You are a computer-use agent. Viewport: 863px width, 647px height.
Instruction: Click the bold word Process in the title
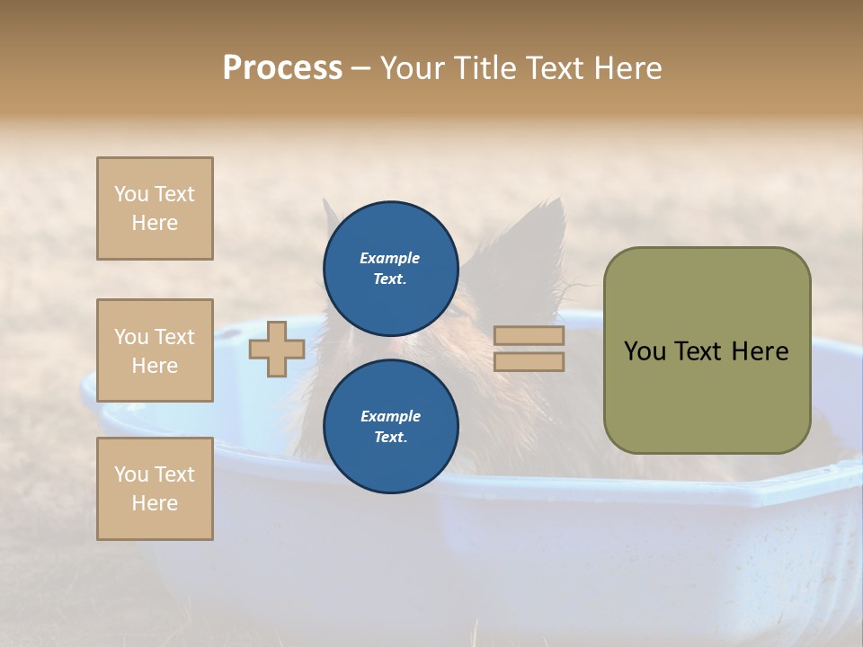pos(282,68)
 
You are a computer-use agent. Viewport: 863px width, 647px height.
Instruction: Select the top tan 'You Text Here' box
pos(155,208)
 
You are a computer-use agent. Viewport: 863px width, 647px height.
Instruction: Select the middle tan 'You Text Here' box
pos(155,350)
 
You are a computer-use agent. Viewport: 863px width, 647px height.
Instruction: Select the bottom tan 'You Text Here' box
pos(155,489)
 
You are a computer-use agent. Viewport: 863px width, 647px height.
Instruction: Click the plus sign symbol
pos(277,349)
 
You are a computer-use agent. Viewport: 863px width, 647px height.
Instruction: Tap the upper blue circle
pos(390,269)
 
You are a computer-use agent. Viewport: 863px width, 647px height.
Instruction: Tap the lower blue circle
pos(390,426)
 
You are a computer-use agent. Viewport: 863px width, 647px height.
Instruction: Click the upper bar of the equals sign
pos(529,336)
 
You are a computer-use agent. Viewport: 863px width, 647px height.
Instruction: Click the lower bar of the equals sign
pos(529,362)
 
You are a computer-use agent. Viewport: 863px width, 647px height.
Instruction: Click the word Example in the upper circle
pos(390,258)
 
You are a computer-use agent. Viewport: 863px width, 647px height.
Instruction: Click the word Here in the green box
pos(760,351)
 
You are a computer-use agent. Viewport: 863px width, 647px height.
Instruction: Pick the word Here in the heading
pos(627,68)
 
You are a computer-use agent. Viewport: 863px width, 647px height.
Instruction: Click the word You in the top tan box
pos(131,194)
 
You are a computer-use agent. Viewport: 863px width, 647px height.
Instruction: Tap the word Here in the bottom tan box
pos(155,503)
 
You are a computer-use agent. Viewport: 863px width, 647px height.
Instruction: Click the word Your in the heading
pos(411,68)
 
